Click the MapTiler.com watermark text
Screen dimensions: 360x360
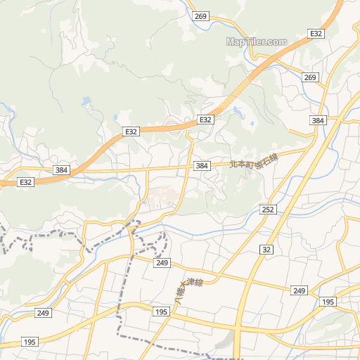(x=257, y=41)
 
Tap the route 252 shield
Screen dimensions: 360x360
(x=267, y=210)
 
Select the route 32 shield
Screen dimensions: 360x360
(x=266, y=250)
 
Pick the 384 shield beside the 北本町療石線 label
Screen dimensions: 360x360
(x=202, y=165)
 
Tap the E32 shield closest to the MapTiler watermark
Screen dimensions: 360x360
(x=316, y=34)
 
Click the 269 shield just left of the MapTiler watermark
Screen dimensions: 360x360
(x=200, y=16)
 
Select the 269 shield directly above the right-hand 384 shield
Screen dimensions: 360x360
(x=311, y=77)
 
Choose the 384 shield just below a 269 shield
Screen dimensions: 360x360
(x=319, y=121)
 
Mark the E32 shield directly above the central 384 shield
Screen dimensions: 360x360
(x=205, y=120)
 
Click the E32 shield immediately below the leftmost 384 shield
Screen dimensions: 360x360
(x=26, y=182)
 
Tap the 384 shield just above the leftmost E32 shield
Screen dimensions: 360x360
(x=62, y=170)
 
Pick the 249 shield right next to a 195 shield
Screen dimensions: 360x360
(x=300, y=290)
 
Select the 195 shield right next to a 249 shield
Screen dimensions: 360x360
(x=327, y=302)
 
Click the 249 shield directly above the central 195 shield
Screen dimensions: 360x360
(x=163, y=262)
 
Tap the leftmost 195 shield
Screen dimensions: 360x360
(x=30, y=342)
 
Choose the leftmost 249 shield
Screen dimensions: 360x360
(x=44, y=313)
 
